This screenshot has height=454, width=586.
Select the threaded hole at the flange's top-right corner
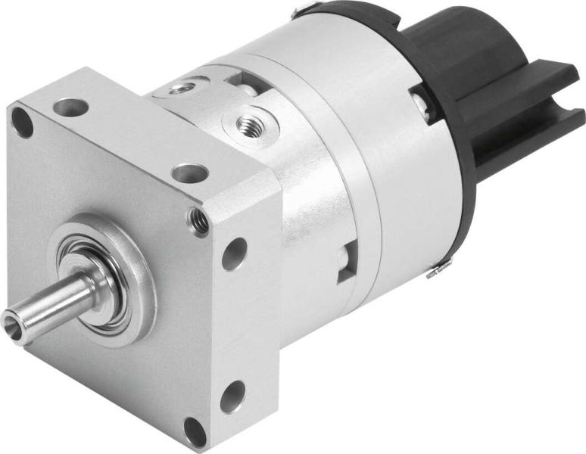199,221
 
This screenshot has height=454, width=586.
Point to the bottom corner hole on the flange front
195,431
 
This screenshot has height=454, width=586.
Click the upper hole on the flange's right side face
234,253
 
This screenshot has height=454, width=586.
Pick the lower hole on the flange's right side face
232,396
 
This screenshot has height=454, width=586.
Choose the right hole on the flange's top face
189,173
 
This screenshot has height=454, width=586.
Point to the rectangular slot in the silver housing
347,262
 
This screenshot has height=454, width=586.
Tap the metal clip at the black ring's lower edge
439,268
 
